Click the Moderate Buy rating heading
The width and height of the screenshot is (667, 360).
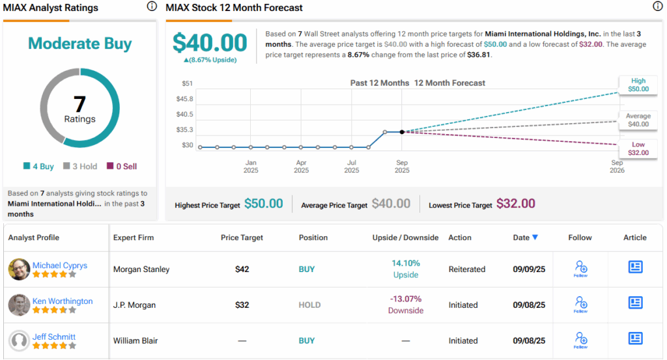tap(79, 44)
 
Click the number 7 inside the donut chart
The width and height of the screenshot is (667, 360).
tap(79, 104)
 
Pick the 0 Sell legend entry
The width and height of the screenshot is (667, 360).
tap(122, 167)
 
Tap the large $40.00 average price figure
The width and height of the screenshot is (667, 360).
tap(210, 43)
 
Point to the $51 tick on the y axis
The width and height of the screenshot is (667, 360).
tap(187, 83)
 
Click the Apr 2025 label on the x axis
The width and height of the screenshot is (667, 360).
tap(301, 167)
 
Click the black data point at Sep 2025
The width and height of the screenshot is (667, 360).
tap(402, 132)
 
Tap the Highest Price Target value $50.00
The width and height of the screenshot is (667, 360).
tap(264, 204)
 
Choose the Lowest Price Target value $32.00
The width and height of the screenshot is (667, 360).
tap(516, 204)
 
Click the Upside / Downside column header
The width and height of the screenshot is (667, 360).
tap(405, 238)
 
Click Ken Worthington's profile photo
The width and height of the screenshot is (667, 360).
tap(19, 305)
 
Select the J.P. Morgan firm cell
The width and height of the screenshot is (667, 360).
tap(135, 305)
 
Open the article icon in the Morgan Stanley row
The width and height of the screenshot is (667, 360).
tap(635, 267)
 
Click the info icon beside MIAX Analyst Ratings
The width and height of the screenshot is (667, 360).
tap(152, 7)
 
